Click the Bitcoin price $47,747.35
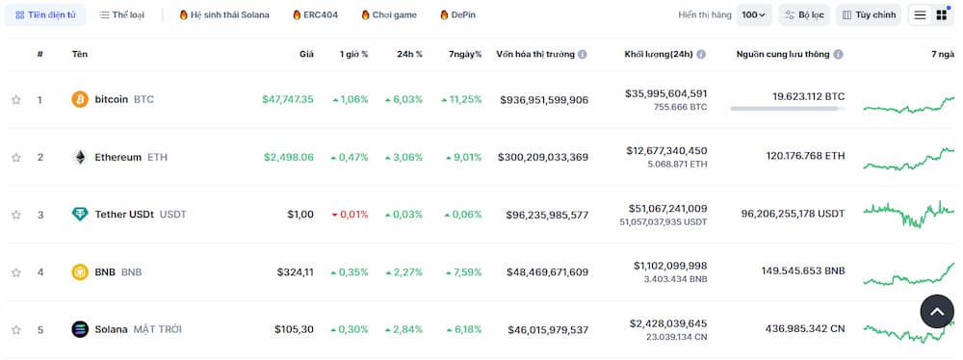pyautogui.click(x=287, y=99)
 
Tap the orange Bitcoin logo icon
pyautogui.click(x=80, y=99)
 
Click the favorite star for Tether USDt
pyautogui.click(x=16, y=215)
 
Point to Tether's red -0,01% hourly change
pyautogui.click(x=350, y=215)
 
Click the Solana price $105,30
pyautogui.click(x=295, y=329)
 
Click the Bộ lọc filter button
pyautogui.click(x=804, y=15)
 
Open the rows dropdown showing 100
pyautogui.click(x=754, y=15)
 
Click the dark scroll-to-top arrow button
pyautogui.click(x=937, y=311)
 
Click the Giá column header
pyautogui.click(x=306, y=54)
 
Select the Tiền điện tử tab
pyautogui.click(x=45, y=15)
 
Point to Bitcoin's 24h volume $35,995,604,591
pyautogui.click(x=665, y=93)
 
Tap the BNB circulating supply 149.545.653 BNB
pyautogui.click(x=802, y=272)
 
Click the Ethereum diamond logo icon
pyautogui.click(x=80, y=157)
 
